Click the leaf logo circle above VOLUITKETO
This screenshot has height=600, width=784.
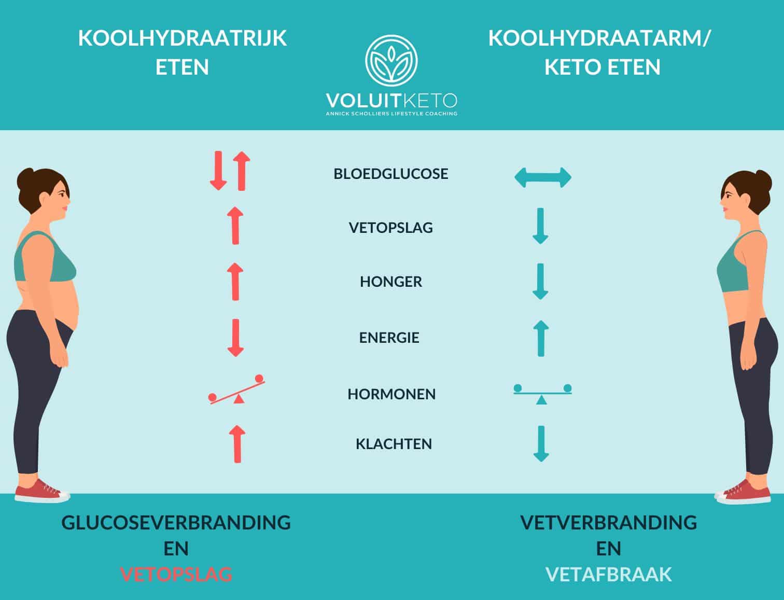tap(391, 61)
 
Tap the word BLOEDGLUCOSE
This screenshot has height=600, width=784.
tap(391, 174)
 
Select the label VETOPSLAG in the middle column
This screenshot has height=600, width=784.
tap(391, 228)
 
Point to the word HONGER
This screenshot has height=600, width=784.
tap(391, 282)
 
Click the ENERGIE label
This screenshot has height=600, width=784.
tap(389, 338)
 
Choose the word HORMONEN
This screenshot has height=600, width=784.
tap(391, 394)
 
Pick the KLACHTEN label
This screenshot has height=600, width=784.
tap(394, 444)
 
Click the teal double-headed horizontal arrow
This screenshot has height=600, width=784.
tap(542, 177)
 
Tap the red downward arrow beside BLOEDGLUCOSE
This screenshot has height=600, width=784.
tap(218, 171)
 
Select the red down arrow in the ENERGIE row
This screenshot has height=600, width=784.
tap(236, 338)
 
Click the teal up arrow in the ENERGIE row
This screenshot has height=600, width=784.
tap(541, 338)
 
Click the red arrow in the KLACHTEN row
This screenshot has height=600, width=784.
tap(237, 444)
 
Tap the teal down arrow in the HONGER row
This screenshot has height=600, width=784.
tap(540, 281)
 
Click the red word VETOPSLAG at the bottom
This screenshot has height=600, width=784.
tap(176, 575)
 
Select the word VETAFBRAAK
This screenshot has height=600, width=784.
tap(609, 575)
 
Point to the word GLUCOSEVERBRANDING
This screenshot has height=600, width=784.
tap(176, 522)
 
